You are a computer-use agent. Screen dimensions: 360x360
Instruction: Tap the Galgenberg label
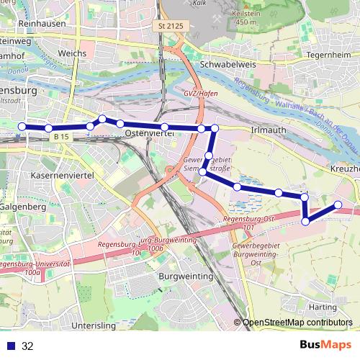(24, 207)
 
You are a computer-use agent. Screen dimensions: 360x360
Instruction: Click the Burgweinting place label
(186, 276)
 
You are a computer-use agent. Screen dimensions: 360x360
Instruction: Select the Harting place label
(322, 307)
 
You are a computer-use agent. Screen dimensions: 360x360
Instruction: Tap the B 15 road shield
(63, 136)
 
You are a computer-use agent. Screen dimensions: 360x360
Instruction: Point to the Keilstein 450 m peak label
(246, 17)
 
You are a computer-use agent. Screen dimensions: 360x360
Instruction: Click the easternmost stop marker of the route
(338, 205)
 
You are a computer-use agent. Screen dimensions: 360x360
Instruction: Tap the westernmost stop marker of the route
(22, 127)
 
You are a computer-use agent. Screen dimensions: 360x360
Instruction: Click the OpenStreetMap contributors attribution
(297, 323)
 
